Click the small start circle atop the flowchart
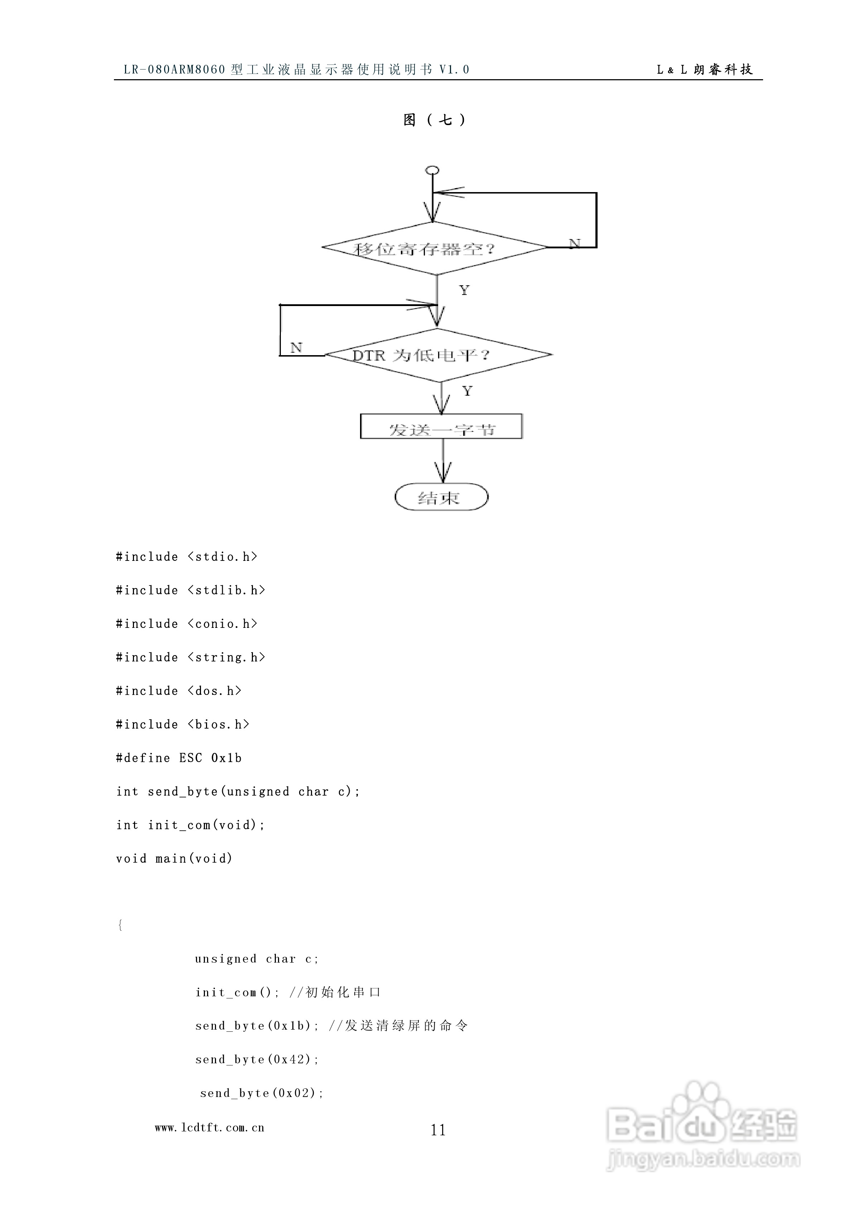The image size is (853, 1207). tap(432, 170)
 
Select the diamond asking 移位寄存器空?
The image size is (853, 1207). tap(434, 248)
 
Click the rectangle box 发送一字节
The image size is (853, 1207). tap(441, 426)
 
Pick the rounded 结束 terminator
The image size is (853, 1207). tap(441, 497)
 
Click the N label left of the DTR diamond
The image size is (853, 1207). tap(296, 348)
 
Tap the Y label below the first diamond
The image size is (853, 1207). tap(464, 290)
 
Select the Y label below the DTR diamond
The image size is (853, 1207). tap(467, 391)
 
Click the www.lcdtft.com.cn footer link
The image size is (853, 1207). tap(209, 1127)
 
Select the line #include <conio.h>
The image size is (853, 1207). tap(187, 624)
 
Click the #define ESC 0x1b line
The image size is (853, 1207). tap(179, 758)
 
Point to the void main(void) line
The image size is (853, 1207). tap(174, 858)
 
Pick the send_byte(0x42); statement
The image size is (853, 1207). tap(257, 1059)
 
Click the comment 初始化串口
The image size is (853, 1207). tap(343, 993)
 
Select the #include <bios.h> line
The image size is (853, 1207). tap(182, 724)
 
